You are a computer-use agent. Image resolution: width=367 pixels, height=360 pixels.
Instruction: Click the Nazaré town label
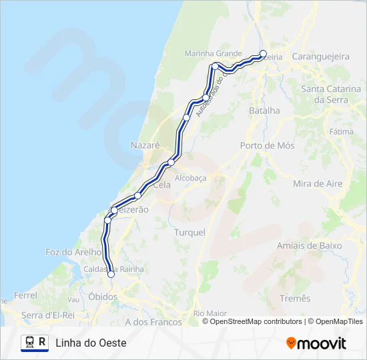coord(145,145)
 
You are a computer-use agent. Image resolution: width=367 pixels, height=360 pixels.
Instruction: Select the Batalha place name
coord(264,111)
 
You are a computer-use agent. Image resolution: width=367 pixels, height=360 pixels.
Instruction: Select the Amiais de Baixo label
coord(309,246)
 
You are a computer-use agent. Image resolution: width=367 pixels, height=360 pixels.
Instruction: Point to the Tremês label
coord(296,298)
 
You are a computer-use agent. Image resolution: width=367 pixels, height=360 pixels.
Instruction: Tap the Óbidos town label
coord(102,297)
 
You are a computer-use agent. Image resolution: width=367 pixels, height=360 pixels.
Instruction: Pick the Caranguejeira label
coord(321,57)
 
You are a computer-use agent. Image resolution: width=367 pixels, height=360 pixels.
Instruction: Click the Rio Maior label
coord(210,313)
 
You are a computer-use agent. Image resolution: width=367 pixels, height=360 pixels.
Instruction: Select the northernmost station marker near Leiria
coord(263,54)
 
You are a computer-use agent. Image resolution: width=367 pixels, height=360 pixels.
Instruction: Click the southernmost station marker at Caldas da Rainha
coord(111,274)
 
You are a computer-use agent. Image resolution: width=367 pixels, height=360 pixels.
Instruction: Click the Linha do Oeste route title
coord(91,343)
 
